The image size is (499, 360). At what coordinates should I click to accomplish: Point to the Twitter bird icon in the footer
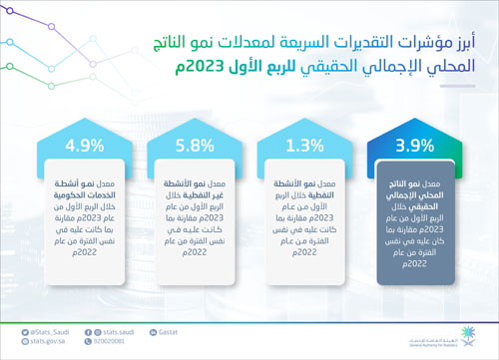click(13, 329)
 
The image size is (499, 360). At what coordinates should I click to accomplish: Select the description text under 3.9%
click(410, 225)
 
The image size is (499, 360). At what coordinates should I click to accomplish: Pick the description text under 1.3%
click(300, 219)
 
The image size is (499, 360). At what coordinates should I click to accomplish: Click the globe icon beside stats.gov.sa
click(13, 340)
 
